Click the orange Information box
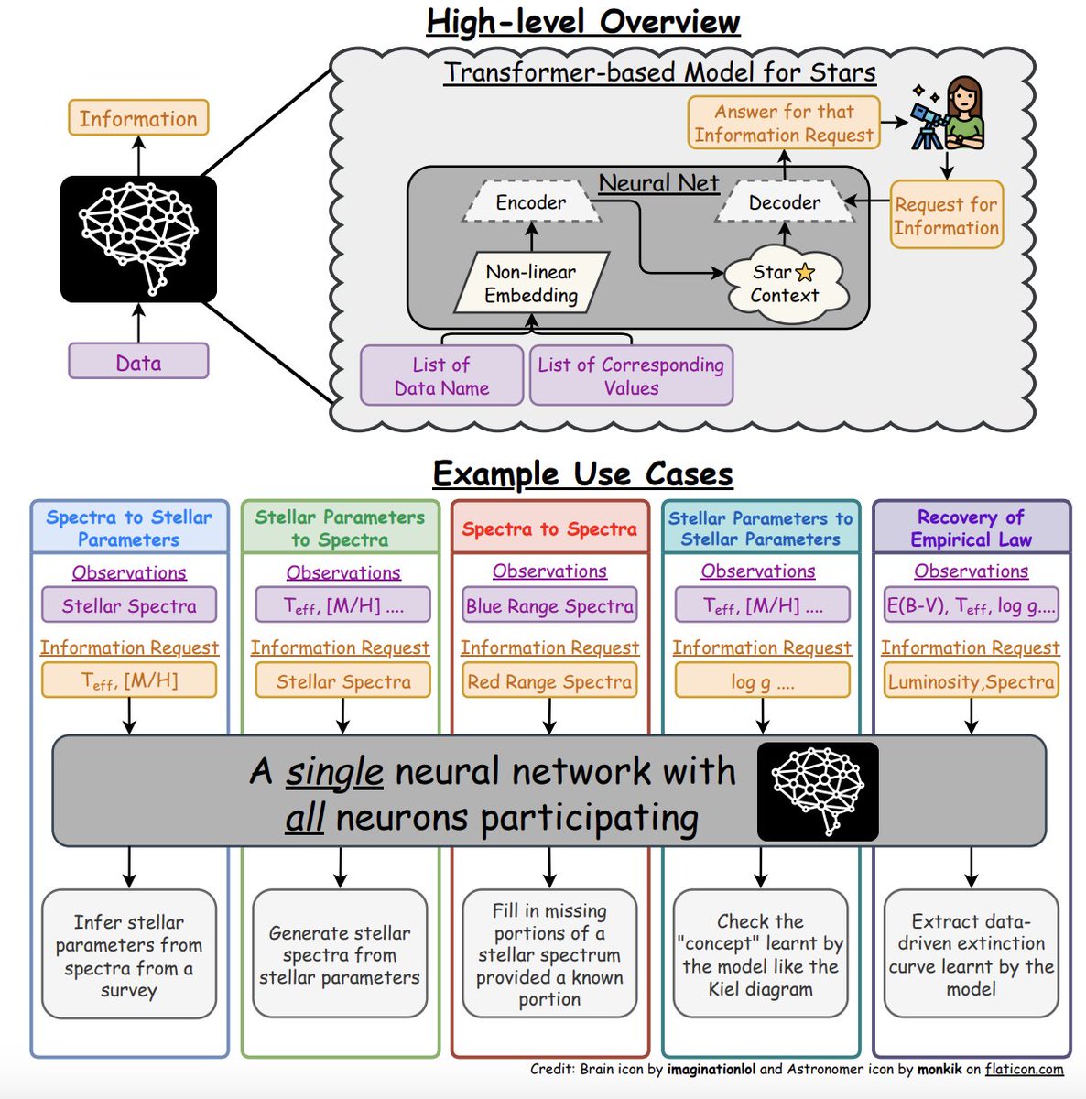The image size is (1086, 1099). point(138,118)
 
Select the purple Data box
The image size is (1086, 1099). point(138,362)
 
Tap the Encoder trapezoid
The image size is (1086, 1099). point(530,202)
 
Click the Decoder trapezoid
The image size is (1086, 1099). point(784,202)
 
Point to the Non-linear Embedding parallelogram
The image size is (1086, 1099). point(531,283)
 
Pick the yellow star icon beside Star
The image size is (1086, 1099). point(805,272)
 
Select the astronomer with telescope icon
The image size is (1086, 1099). point(948,114)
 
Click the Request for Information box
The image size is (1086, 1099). point(946,215)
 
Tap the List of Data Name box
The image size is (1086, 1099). point(441,375)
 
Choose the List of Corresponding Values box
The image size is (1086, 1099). point(631,375)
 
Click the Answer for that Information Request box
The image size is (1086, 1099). point(784,123)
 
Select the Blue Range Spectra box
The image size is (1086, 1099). point(549,605)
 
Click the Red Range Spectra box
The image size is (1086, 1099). point(549,681)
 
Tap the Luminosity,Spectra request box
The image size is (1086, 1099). point(971,681)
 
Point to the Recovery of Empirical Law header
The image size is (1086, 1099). point(971,528)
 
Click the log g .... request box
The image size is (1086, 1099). point(762,681)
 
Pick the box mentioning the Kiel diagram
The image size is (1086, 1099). point(760,954)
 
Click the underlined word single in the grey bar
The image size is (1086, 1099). point(334,772)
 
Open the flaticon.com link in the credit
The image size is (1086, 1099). point(1025,1069)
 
